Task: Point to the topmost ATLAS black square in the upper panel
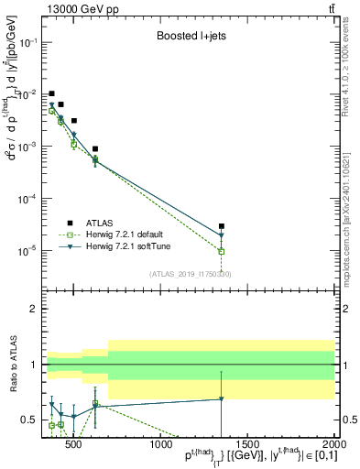pos(52,93)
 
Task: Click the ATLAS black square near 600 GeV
pos(95,148)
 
